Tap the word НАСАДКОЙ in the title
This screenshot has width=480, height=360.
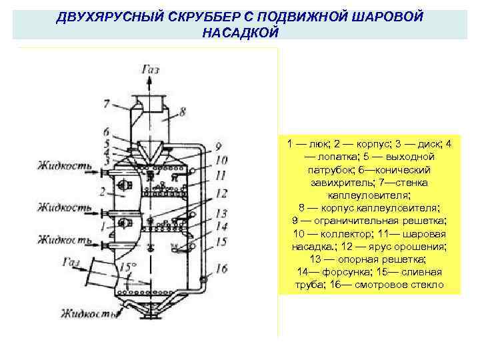[x=239, y=31]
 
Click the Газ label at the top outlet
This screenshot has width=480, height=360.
[x=151, y=69]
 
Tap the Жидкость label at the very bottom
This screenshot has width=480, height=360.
[x=87, y=313]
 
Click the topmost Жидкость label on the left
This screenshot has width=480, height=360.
[x=64, y=163]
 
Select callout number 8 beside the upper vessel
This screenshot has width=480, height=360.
[x=183, y=113]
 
